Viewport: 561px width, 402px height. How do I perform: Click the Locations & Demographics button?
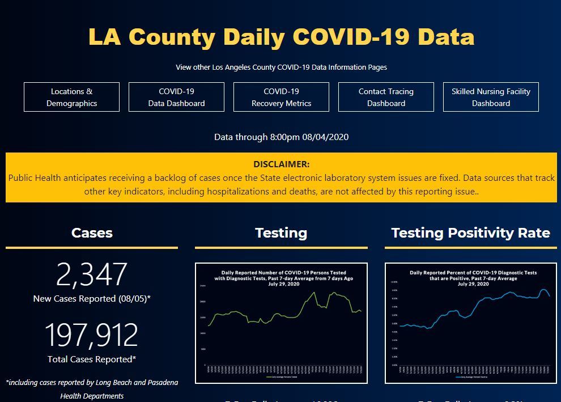(71, 97)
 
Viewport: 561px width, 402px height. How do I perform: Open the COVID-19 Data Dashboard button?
(176, 97)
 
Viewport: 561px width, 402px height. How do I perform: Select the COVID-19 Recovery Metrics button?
(281, 97)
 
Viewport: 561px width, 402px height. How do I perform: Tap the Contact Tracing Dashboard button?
(386, 97)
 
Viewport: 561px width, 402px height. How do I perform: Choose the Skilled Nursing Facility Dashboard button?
(491, 97)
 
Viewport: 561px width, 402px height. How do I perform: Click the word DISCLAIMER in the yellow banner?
(281, 164)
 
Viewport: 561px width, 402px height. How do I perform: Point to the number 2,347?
(92, 274)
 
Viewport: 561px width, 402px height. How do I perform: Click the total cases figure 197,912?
(92, 335)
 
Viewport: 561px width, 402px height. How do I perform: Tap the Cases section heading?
(92, 233)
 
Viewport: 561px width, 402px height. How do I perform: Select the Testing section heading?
(281, 233)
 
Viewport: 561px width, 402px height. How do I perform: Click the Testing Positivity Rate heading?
(470, 233)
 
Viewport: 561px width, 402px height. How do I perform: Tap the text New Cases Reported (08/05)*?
(92, 299)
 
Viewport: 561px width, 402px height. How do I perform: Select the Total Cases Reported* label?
(92, 359)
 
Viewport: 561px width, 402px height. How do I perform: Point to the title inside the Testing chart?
(283, 278)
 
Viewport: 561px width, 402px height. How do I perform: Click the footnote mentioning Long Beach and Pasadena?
(92, 389)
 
